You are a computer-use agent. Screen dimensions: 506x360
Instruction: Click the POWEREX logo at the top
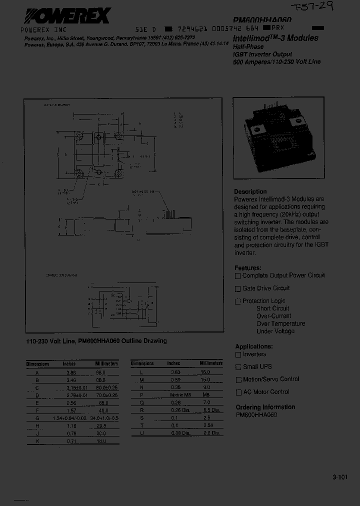click(x=66, y=17)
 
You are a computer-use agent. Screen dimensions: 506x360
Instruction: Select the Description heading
click(x=250, y=192)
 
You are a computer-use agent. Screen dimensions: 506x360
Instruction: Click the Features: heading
click(x=248, y=268)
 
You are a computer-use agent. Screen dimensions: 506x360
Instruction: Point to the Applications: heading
click(x=253, y=346)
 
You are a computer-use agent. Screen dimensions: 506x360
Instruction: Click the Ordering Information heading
click(x=265, y=407)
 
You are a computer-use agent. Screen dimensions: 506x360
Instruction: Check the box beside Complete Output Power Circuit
click(x=238, y=276)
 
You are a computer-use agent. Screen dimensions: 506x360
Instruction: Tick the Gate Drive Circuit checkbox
click(x=238, y=288)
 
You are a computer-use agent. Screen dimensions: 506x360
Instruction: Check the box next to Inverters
click(x=238, y=354)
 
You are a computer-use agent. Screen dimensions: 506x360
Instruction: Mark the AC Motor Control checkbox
click(x=238, y=392)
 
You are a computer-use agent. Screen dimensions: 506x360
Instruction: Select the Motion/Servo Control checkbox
click(x=238, y=380)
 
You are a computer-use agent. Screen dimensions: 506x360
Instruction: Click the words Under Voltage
click(x=275, y=331)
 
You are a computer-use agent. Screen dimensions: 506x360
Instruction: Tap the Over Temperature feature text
click(x=280, y=323)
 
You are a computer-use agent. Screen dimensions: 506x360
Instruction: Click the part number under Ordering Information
click(x=256, y=415)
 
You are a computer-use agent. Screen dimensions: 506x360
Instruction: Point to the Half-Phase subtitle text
click(x=248, y=46)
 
